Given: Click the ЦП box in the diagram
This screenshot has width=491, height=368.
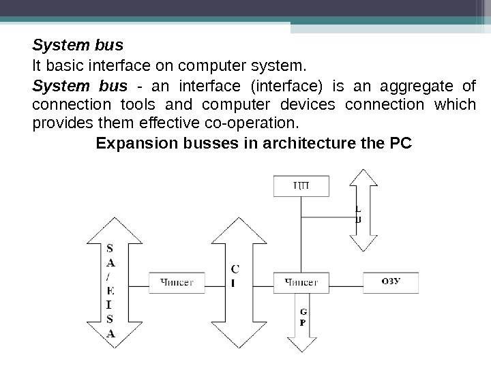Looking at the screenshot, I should pos(300,186).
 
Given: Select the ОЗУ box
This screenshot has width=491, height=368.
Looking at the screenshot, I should pos(391,281).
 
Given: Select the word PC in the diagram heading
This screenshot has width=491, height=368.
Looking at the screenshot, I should pos(404,144).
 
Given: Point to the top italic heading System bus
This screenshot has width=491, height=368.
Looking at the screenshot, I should pos(78,46).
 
